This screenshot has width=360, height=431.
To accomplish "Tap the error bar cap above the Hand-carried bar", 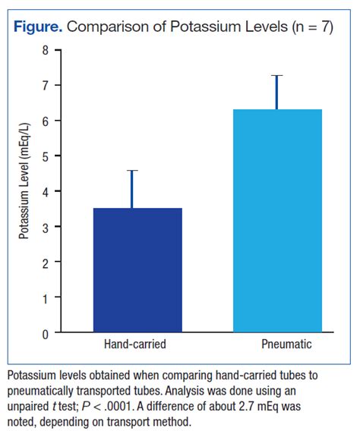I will point(133,171).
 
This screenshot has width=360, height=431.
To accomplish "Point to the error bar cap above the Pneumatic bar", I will point(277,76).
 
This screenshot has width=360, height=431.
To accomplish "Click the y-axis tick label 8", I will point(46,50).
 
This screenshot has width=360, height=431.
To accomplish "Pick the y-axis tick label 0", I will point(46,333).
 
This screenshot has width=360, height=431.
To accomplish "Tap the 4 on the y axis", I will point(46,191).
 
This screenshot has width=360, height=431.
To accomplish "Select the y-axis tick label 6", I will point(46,121).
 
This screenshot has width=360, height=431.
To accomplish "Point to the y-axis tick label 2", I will point(46,263).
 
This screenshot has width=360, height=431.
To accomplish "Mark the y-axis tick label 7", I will point(46,85).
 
